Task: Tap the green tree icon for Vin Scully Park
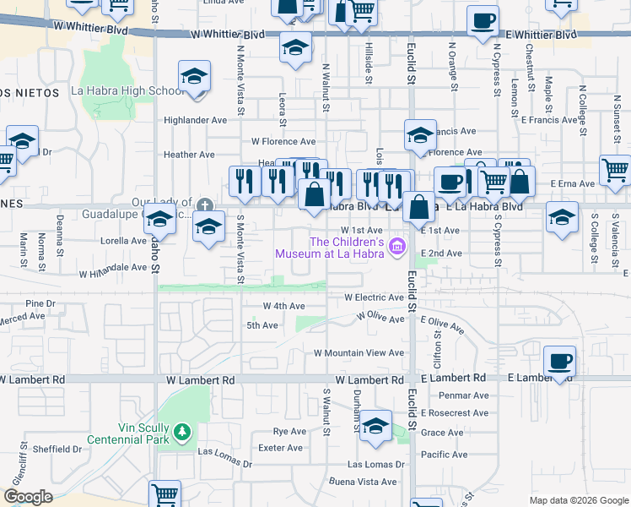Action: click(181, 433)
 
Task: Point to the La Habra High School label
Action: click(127, 91)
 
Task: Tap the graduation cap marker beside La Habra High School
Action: click(194, 79)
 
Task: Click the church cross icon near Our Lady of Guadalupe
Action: click(204, 205)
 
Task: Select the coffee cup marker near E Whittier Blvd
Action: click(483, 21)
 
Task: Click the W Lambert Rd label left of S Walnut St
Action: click(201, 380)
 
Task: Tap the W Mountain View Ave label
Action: click(359, 353)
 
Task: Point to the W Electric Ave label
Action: click(375, 297)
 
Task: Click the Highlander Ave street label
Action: click(196, 121)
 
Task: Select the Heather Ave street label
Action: click(190, 155)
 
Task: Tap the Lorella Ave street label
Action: click(124, 241)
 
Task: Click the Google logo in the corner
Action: click(28, 497)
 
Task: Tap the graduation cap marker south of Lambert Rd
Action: click(375, 426)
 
